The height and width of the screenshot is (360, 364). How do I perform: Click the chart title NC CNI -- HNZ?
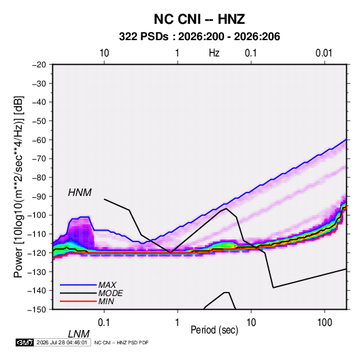[199, 19]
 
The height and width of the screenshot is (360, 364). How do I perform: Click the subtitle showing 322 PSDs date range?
[199, 37]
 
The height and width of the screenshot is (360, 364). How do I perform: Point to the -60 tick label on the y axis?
[39, 140]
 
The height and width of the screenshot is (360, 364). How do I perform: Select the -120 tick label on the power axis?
[37, 252]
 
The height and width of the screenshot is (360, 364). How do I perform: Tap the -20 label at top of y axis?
[39, 65]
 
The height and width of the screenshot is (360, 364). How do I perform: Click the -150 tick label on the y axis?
[37, 310]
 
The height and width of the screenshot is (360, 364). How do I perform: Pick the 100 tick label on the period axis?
[325, 323]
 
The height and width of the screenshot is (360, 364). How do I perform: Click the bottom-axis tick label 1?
[178, 323]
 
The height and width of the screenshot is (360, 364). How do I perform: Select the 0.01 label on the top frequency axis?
[324, 53]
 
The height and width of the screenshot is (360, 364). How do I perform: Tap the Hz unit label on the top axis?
[214, 53]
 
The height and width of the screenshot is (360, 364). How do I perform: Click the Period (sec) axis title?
[214, 330]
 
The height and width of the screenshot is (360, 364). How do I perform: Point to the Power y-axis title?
[18, 187]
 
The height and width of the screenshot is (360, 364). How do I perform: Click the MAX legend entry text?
[107, 285]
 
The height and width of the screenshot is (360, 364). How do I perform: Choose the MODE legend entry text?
[110, 293]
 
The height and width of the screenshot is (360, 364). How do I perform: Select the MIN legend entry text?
[106, 301]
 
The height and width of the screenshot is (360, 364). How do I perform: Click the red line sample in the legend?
[78, 301]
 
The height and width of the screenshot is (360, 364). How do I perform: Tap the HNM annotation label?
[80, 193]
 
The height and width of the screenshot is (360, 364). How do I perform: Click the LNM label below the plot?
[79, 334]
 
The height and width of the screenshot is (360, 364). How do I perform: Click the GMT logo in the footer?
[25, 342]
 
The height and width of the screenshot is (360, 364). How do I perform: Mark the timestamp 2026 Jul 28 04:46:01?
[62, 342]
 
